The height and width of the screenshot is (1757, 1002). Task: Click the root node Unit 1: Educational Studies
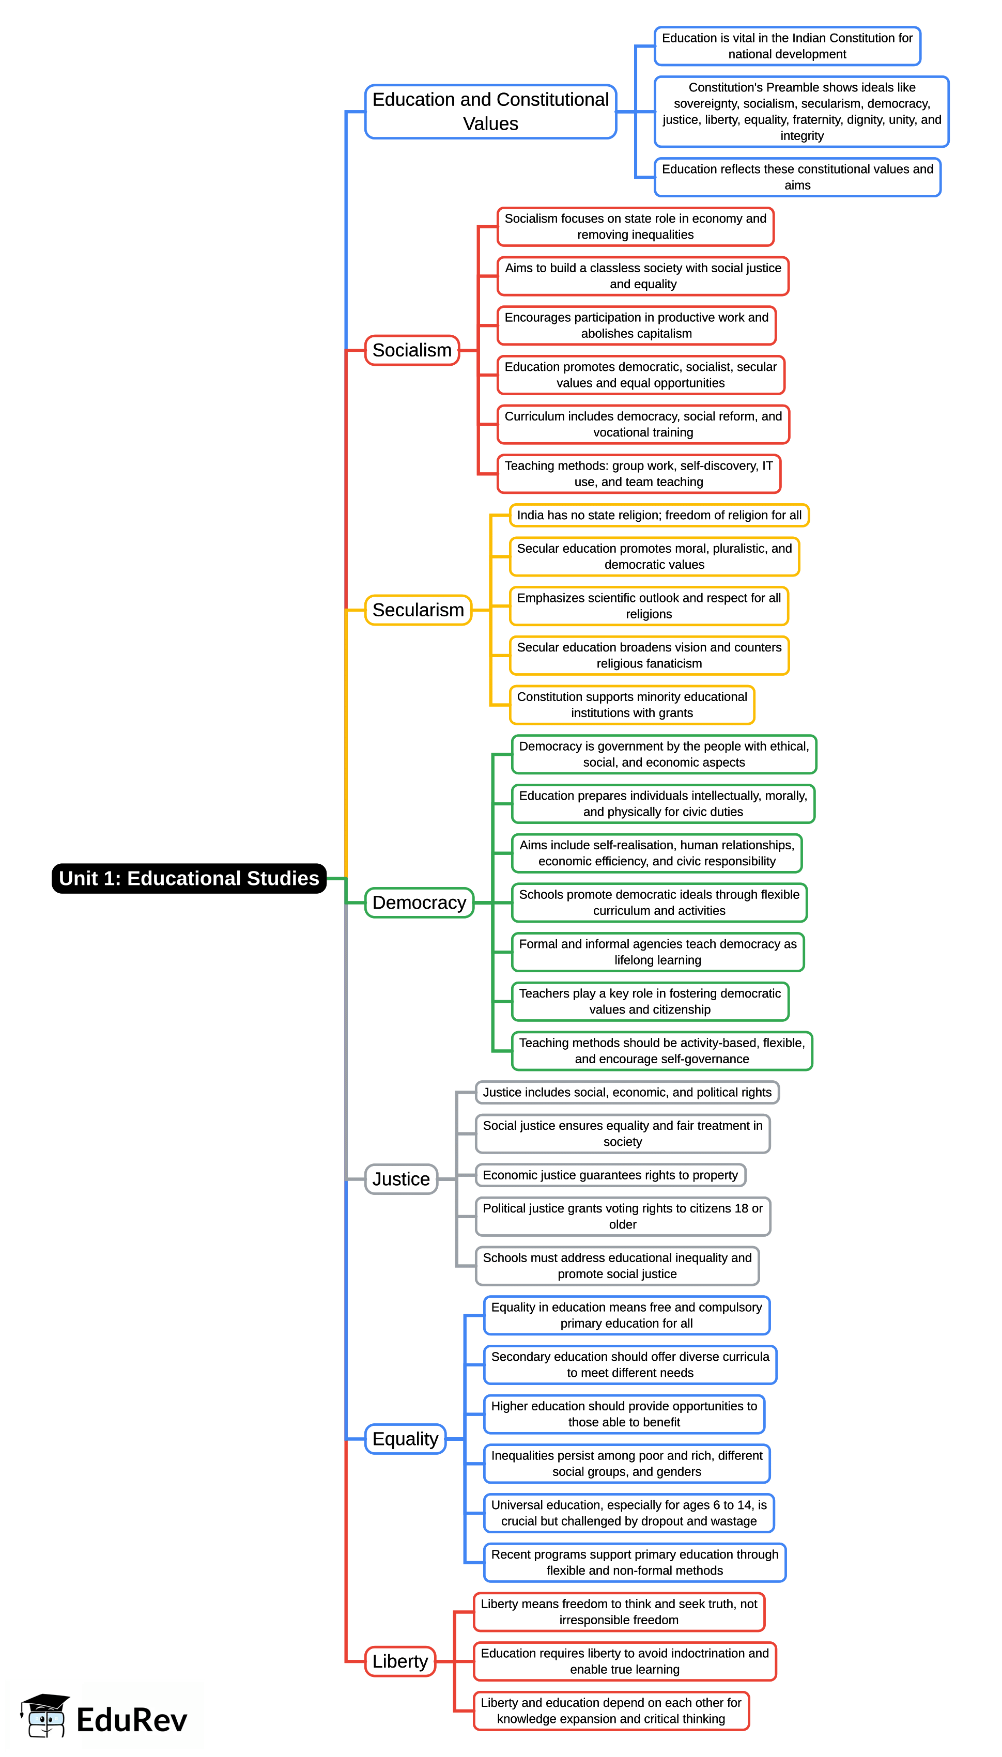189,878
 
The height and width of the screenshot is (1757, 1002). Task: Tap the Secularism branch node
418,610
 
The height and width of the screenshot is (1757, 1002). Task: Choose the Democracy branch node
419,902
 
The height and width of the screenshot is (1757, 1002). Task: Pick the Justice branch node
400,1178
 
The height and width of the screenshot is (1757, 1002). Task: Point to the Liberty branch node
400,1661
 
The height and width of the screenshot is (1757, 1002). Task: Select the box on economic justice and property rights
610,1174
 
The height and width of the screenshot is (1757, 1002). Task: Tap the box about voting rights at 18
622,1216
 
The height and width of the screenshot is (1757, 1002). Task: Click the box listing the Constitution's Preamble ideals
801,112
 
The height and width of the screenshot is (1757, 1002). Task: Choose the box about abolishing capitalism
636,325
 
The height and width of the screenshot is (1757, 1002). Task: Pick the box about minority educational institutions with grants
632,705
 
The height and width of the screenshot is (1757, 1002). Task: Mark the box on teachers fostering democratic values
650,1001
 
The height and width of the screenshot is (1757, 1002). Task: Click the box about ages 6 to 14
628,1512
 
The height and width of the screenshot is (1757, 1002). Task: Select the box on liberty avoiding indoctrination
624,1661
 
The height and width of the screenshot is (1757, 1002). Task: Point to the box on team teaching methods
638,473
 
